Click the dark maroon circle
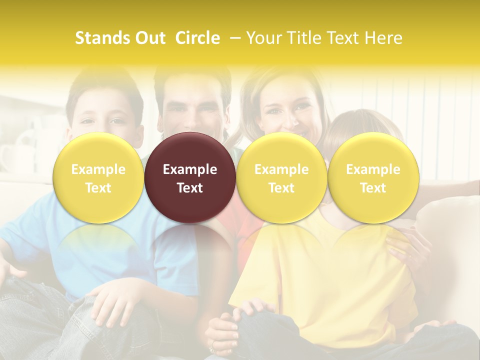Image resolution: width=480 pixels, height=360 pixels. (190, 177)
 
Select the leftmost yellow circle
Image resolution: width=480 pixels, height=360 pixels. (98, 177)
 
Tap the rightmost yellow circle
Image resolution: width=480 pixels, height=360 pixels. (373, 177)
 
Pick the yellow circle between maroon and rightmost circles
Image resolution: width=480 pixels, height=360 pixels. (281, 177)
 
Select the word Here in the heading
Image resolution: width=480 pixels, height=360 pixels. (384, 38)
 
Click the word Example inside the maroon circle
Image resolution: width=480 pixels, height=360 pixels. (190, 169)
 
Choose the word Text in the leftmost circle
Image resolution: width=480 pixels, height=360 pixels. (98, 188)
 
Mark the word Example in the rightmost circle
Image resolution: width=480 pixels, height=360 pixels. (373, 169)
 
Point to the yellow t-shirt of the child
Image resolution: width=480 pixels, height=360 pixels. (320, 280)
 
